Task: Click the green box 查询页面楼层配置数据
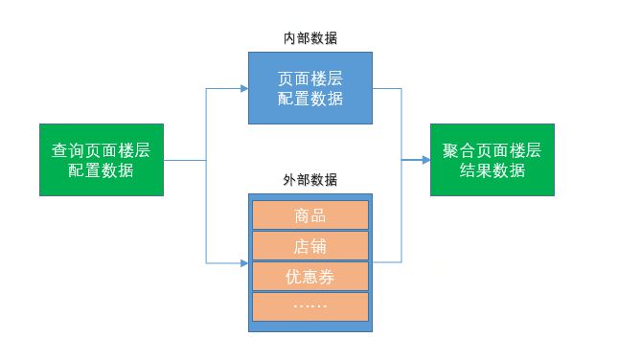click(101, 160)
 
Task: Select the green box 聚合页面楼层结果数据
click(492, 160)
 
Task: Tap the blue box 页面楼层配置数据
click(310, 88)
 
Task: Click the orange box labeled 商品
click(310, 215)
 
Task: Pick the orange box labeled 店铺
click(310, 246)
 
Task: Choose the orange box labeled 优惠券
click(310, 277)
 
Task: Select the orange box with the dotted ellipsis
click(310, 306)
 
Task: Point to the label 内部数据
click(310, 38)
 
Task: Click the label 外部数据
click(310, 180)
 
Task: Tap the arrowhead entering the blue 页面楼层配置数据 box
click(243, 88)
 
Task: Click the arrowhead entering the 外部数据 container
click(243, 262)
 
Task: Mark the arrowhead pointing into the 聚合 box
click(424, 160)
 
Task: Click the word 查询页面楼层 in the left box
click(101, 150)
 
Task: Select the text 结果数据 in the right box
click(492, 170)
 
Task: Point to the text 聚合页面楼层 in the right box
click(492, 150)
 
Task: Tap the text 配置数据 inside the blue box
click(310, 99)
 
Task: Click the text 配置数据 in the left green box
click(101, 170)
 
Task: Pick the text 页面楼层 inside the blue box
click(310, 79)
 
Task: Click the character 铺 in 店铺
click(319, 246)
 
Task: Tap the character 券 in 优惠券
click(327, 277)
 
